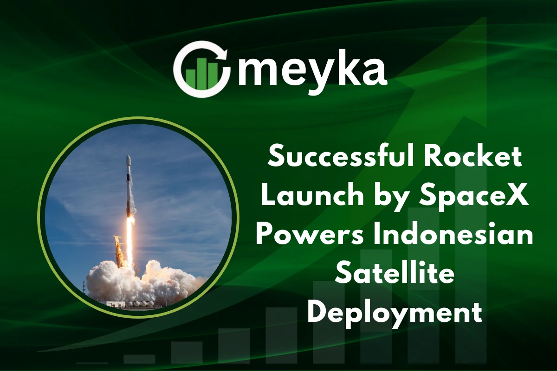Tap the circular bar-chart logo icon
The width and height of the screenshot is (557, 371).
201,69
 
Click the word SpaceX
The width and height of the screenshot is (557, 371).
474,198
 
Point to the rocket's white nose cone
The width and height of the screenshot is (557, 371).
128,161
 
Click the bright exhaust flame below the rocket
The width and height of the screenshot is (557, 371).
129,241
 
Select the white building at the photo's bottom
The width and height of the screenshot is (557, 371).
117,304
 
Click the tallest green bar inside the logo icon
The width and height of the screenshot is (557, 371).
201,74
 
